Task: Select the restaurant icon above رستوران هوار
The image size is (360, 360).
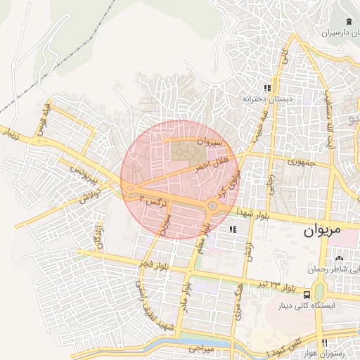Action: [324, 342]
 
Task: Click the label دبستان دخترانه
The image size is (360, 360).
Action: [266, 100]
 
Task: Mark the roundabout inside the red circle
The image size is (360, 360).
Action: [212, 206]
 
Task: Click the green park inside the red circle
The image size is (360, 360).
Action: [184, 149]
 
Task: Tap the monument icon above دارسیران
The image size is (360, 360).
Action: [349, 19]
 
